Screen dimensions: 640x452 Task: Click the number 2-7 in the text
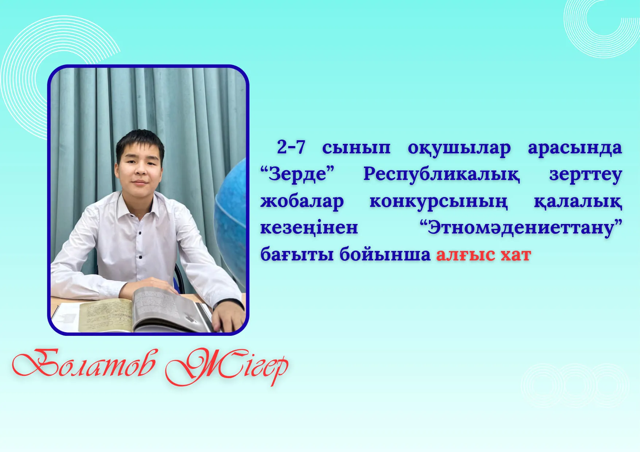[291, 147]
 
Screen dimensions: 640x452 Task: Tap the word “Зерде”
[297, 174]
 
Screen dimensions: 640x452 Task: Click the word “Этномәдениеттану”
[521, 228]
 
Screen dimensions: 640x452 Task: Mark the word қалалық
[578, 202]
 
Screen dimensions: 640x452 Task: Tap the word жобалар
[302, 202]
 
